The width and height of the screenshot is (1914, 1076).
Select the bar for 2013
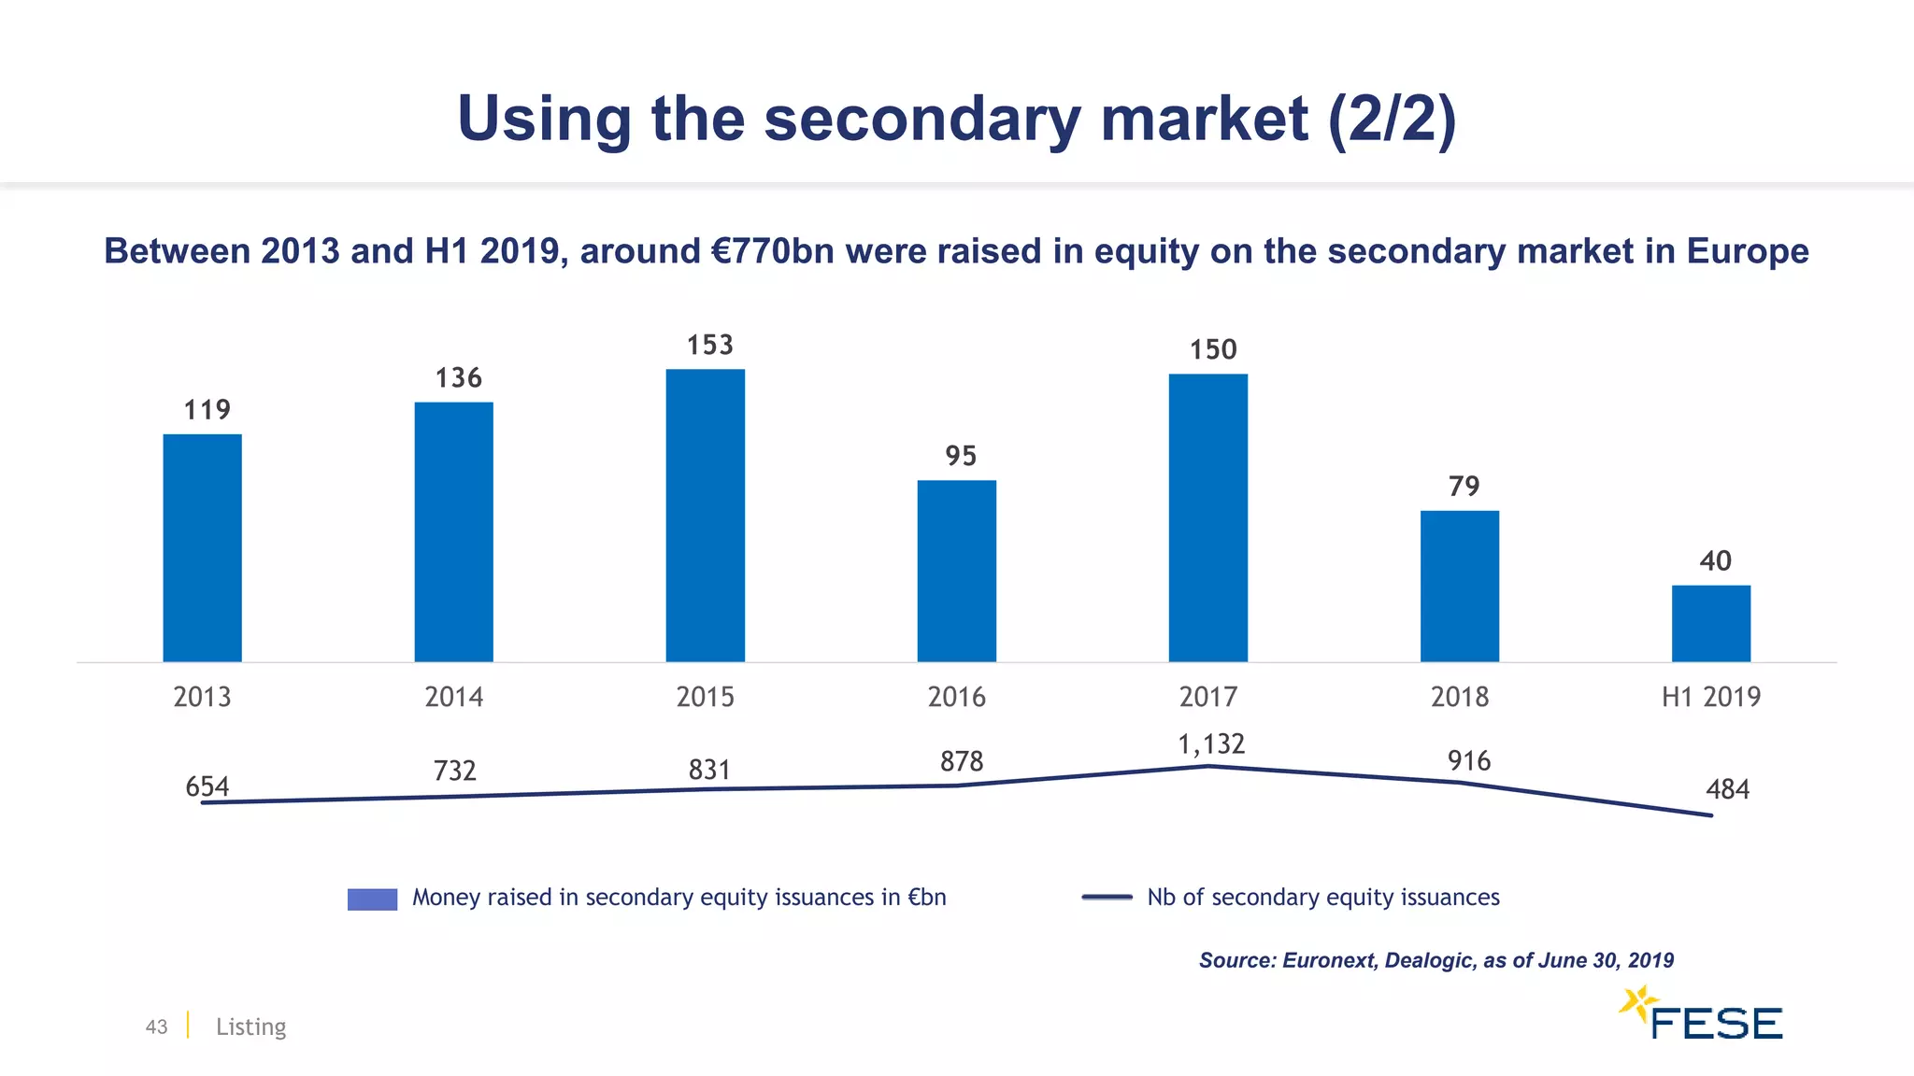(x=202, y=548)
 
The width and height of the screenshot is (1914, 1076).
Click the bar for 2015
(x=705, y=516)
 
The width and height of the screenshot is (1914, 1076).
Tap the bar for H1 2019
(x=1710, y=624)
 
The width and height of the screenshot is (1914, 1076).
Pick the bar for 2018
(x=1459, y=587)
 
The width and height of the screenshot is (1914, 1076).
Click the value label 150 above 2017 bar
(x=1212, y=349)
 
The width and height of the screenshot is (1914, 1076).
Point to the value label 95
(x=960, y=456)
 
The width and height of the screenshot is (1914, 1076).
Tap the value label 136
(x=458, y=377)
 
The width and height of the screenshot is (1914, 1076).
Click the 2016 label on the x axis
(x=956, y=697)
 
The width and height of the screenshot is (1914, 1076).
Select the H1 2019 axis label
(x=1710, y=697)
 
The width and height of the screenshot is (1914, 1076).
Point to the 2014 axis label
(x=453, y=697)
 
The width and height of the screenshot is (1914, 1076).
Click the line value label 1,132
(x=1210, y=744)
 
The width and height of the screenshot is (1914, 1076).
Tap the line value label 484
(x=1727, y=790)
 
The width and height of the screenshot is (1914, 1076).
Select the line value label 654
(x=207, y=786)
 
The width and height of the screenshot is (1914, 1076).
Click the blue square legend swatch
(x=372, y=899)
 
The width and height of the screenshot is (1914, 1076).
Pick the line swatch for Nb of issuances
(x=1107, y=898)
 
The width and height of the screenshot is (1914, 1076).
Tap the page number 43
(x=156, y=1026)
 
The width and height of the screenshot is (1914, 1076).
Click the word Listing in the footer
(x=250, y=1026)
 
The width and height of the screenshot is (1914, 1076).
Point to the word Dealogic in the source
(x=1427, y=960)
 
